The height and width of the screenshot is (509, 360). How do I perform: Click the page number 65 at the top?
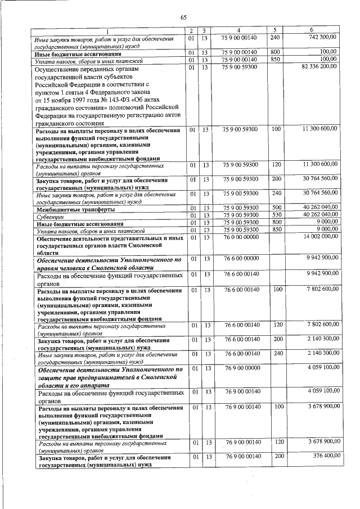183,17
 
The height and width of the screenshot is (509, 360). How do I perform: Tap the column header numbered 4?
239,29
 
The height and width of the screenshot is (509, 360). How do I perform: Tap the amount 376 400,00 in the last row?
323,456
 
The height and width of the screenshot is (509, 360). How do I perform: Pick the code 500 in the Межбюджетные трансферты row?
276,208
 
